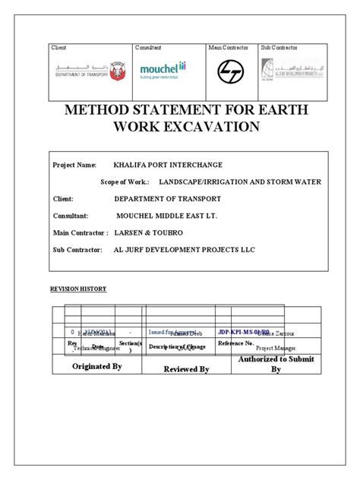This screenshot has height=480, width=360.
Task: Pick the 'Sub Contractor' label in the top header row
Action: pos(279,48)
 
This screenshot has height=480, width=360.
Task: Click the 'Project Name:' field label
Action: pos(74,165)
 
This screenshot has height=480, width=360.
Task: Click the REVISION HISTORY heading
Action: pos(78,289)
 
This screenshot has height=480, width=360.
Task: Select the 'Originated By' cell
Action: pos(96,366)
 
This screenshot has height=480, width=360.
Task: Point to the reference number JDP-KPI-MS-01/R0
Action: pos(243,332)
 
